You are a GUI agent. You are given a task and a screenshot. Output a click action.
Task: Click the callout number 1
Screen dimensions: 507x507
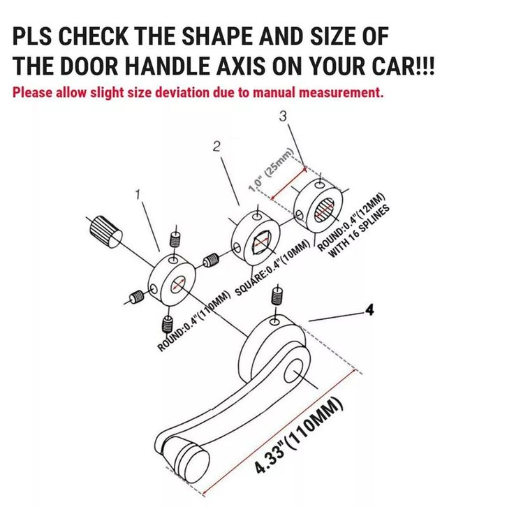click(138, 195)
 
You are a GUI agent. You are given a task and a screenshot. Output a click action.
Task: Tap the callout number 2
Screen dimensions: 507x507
click(216, 147)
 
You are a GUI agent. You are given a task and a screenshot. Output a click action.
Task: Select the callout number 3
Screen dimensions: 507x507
click(283, 116)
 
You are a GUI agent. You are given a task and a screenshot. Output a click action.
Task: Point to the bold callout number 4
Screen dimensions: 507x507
click(369, 309)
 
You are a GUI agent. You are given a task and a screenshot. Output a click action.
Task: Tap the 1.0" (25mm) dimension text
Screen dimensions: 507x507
click(271, 170)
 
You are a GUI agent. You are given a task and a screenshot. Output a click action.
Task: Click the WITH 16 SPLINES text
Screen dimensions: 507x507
click(359, 231)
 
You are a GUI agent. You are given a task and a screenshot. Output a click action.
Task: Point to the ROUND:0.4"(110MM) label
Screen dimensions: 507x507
click(193, 321)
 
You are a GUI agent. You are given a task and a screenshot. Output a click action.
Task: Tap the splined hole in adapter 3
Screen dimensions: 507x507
click(324, 210)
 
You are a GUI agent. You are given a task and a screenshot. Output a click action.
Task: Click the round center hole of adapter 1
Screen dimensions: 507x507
click(177, 285)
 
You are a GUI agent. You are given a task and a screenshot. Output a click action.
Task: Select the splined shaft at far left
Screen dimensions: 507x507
click(105, 231)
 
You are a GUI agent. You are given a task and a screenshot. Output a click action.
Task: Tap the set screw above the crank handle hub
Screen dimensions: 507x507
click(277, 296)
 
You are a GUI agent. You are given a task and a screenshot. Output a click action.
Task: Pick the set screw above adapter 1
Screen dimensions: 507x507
click(175, 240)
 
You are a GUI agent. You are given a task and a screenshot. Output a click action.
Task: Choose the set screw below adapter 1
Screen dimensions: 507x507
click(167, 325)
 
